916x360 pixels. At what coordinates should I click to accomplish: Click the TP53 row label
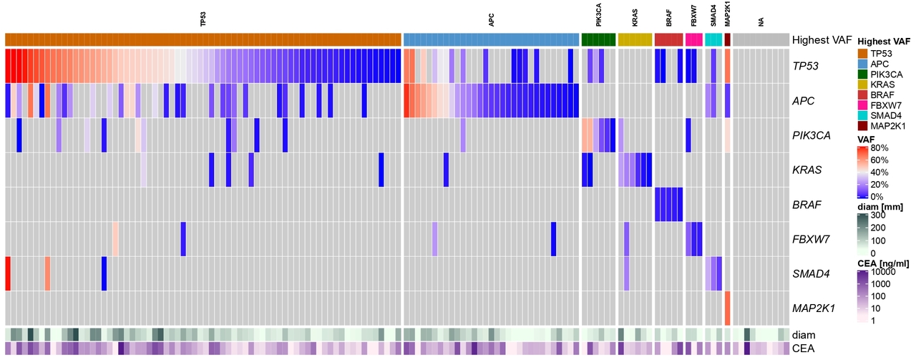click(806, 67)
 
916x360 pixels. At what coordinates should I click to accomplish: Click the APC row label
click(803, 101)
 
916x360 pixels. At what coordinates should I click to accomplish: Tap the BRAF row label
click(806, 205)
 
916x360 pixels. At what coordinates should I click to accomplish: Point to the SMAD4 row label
click(808, 273)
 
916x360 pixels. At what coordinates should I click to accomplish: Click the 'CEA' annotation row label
click(802, 349)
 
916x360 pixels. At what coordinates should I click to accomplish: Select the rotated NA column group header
click(761, 22)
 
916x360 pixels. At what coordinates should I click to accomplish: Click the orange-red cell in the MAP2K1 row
click(727, 308)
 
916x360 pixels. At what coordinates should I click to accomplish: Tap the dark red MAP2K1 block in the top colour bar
click(727, 39)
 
